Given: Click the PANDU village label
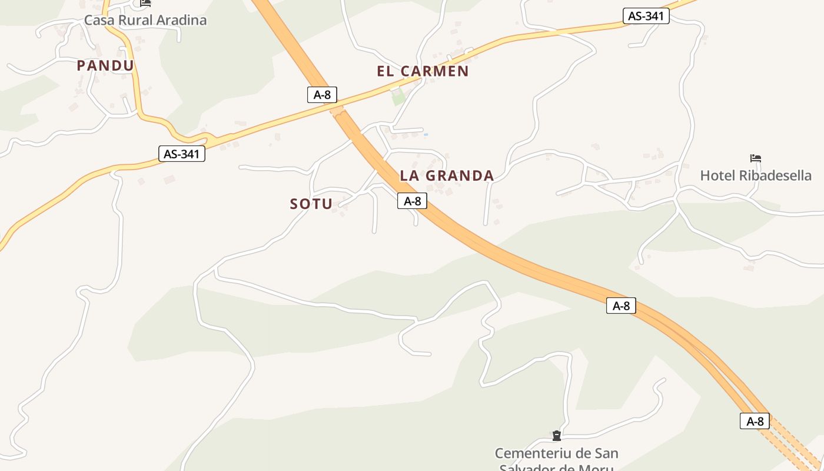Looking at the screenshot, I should (105, 66).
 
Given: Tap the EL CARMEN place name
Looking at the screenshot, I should (423, 71).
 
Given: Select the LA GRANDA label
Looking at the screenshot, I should (447, 175).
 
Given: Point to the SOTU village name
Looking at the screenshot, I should (311, 204).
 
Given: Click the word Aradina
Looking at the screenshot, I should (180, 20).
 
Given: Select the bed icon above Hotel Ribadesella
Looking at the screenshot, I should (756, 158).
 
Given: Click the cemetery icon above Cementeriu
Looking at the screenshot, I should (556, 436).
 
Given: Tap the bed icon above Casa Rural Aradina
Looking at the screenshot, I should (145, 3).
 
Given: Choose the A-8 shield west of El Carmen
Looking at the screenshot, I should (322, 94).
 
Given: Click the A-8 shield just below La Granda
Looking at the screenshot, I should (412, 201).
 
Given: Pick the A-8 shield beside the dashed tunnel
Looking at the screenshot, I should (755, 421).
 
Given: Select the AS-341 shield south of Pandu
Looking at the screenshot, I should (182, 154).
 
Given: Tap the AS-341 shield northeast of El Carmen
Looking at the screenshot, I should (646, 16).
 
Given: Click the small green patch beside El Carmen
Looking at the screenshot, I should (398, 97).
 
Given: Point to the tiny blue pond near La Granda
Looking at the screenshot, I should (426, 135).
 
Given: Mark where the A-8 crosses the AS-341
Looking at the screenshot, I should (337, 110).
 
